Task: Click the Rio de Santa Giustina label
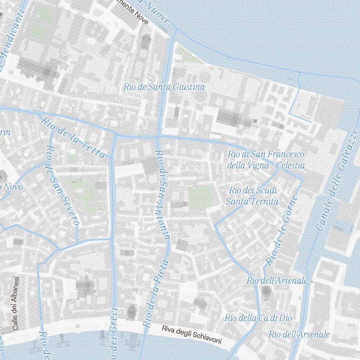[x=164, y=87]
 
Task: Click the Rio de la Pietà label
[x=156, y=293]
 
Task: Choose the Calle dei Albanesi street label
[x=15, y=303]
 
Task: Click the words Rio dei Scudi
[x=252, y=190]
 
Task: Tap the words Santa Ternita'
[x=253, y=202]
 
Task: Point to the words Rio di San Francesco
[x=266, y=154]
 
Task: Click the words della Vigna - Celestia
[x=266, y=166]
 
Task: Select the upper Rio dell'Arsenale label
[x=277, y=280]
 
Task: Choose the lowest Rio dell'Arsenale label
[x=299, y=334]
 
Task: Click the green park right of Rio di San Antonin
[x=201, y=197]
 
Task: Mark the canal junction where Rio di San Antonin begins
[x=157, y=138]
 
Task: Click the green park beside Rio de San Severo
[x=88, y=194]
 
